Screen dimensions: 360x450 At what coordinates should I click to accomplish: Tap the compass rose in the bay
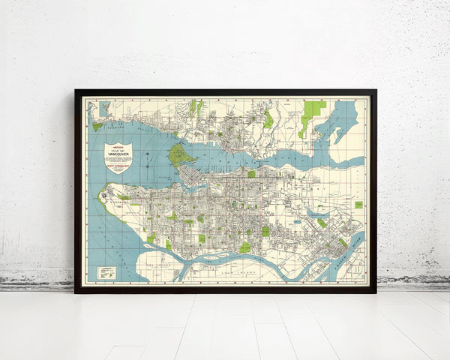(150, 158)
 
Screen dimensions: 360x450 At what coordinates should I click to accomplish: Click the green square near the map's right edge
(358, 204)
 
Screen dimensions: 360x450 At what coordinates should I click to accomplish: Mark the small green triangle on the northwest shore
(97, 126)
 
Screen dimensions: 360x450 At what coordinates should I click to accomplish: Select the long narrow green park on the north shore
(268, 118)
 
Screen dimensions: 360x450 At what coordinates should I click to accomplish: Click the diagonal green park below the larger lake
(322, 223)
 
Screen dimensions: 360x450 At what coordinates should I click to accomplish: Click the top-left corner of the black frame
(76, 91)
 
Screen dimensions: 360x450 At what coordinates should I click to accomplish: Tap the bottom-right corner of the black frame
(376, 292)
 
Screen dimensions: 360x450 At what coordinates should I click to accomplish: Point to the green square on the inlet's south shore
(251, 173)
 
